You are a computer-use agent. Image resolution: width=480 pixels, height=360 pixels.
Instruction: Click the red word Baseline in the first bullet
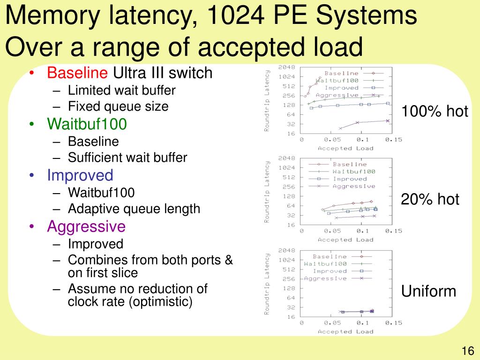coord(77,73)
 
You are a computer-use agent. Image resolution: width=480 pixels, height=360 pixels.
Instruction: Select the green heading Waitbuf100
coord(87,124)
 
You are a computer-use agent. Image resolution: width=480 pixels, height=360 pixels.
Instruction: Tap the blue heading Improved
coord(80,175)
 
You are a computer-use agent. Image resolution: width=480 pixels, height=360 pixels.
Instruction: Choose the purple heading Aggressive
coord(86,226)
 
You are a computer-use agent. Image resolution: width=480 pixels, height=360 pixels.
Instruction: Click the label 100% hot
coord(435,111)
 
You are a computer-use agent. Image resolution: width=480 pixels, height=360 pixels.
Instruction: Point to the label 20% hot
coord(430,200)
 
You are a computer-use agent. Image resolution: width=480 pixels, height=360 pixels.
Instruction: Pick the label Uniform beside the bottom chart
coord(428,291)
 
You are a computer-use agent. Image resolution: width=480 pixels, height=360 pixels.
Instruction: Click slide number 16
coord(468,351)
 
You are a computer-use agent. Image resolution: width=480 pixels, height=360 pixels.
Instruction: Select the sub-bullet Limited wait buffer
coord(121,90)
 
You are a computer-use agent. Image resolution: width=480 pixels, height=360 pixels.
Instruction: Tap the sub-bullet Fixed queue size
coord(118,106)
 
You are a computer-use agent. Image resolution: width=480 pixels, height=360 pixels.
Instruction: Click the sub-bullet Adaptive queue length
coord(134,209)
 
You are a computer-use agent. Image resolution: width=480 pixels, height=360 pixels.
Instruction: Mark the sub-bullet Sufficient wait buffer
coord(127,157)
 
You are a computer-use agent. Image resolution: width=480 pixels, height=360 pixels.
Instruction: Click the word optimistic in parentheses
coord(161,301)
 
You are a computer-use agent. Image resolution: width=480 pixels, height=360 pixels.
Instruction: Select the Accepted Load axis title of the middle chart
coord(345,240)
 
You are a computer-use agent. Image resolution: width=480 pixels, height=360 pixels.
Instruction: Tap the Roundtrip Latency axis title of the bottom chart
coord(267,284)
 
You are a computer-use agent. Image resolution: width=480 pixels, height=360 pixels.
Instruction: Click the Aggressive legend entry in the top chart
coord(341,95)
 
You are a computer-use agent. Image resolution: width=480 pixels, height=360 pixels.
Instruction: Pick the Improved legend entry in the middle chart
coord(350,179)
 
